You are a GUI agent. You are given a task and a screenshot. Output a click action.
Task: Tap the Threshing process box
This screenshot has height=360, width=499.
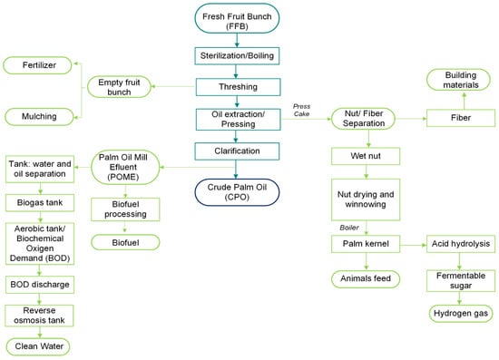click(x=237, y=88)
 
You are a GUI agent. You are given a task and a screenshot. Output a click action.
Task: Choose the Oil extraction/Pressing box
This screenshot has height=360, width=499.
click(x=237, y=118)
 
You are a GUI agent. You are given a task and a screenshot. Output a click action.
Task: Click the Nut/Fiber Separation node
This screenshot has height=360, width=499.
click(x=367, y=117)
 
